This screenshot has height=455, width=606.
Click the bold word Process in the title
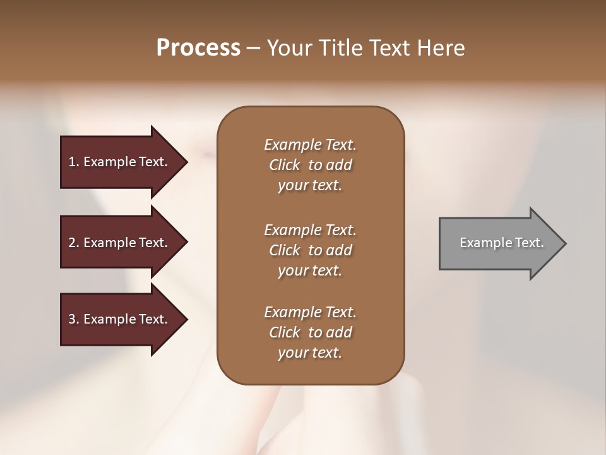click(x=198, y=48)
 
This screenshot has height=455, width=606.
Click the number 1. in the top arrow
click(x=74, y=162)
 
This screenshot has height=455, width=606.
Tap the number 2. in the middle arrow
click(x=74, y=243)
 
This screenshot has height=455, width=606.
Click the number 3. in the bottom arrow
click(x=74, y=319)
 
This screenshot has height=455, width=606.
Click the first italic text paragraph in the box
click(x=310, y=165)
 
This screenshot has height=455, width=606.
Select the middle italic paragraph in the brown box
click(x=310, y=250)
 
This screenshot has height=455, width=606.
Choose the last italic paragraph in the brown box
click(x=310, y=332)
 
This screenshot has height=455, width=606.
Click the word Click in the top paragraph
click(x=285, y=165)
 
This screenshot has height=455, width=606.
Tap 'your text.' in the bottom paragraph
click(x=310, y=353)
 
